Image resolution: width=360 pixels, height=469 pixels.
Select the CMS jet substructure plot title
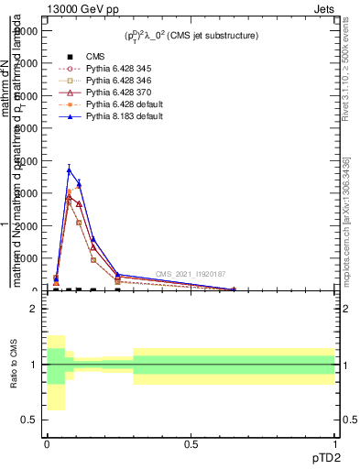191,36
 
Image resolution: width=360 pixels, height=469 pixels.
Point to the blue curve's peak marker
69,169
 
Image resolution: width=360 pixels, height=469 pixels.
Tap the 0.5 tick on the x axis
191,444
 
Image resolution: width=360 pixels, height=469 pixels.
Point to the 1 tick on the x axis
334,444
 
